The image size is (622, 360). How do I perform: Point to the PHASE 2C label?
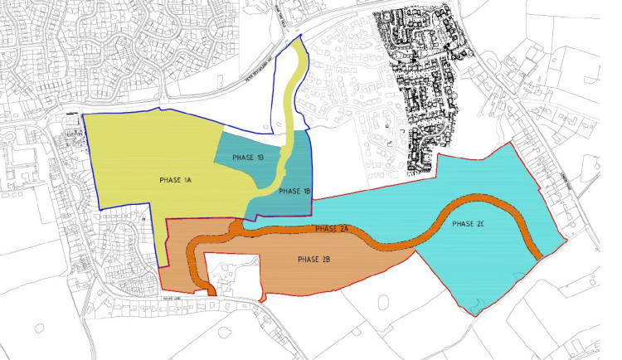click(x=469, y=225)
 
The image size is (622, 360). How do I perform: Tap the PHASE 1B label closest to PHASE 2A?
click(x=294, y=192)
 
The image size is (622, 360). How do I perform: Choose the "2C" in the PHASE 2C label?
click(x=481, y=225)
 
